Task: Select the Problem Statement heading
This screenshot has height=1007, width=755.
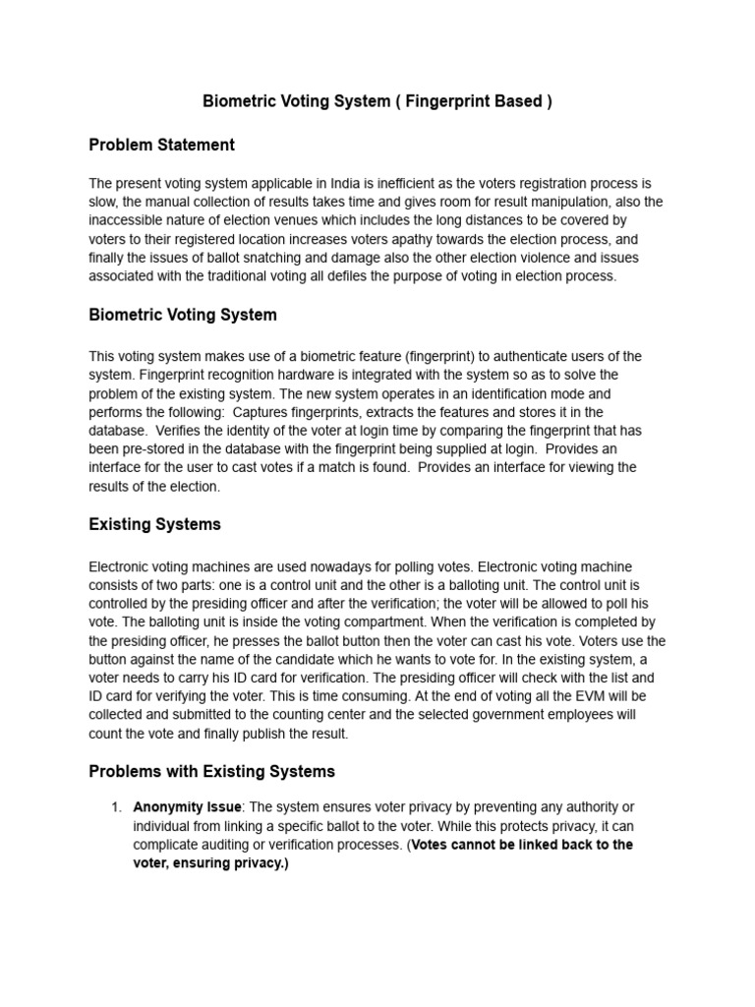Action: tap(161, 146)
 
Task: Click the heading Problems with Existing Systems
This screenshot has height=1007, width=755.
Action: tap(211, 771)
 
